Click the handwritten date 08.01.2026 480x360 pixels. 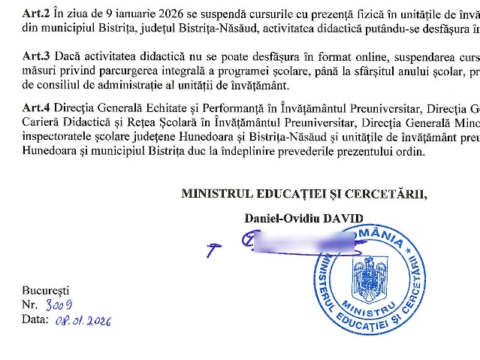[83, 320]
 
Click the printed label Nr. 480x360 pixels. [29, 304]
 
